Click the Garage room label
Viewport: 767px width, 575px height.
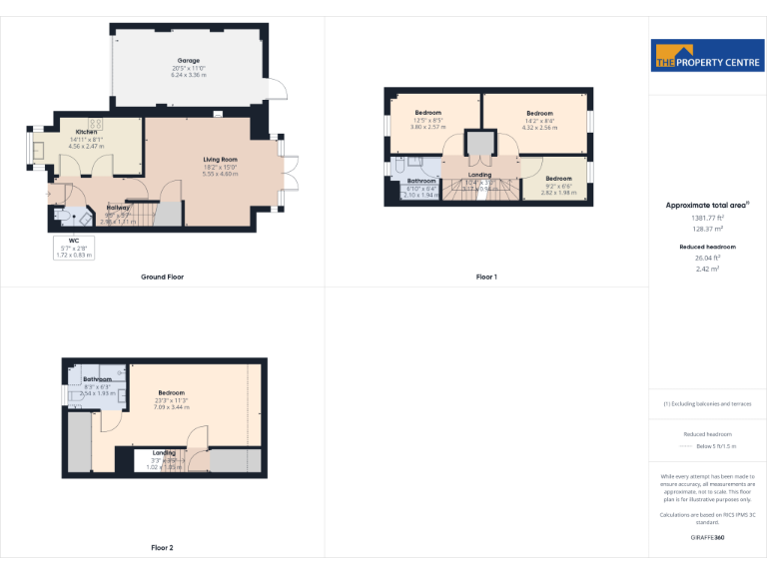point(188,61)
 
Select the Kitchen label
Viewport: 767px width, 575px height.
point(87,133)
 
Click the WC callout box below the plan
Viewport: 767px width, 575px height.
point(73,248)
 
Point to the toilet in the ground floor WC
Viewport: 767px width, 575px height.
point(62,216)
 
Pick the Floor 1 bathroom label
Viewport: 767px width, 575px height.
point(421,181)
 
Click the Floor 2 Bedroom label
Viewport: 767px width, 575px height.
point(171,393)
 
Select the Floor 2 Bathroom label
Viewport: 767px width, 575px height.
point(97,379)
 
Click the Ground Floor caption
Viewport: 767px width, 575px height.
point(162,277)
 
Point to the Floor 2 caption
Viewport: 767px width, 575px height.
point(162,548)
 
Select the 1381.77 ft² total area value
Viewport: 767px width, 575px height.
point(707,218)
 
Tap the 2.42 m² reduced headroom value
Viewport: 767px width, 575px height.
point(707,268)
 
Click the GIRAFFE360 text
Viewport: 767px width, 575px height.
point(707,538)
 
